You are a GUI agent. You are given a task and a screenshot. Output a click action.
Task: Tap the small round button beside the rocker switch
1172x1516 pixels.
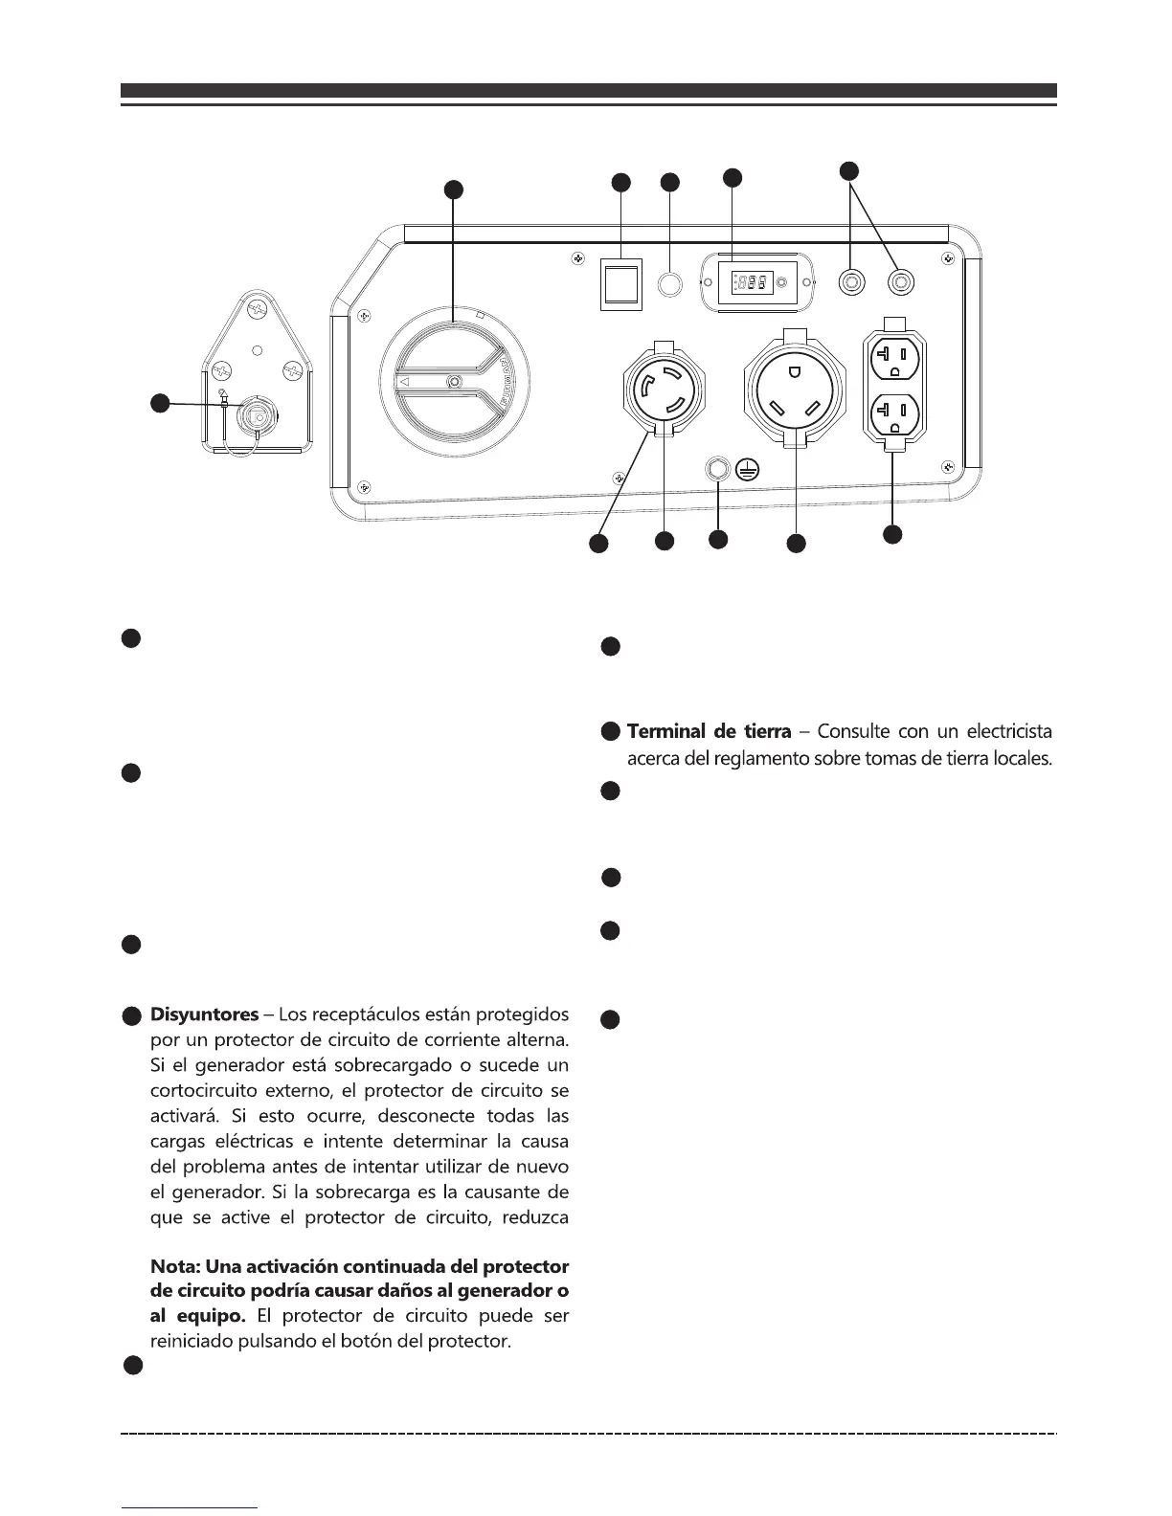pos(669,283)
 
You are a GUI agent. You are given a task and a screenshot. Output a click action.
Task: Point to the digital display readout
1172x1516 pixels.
pos(752,283)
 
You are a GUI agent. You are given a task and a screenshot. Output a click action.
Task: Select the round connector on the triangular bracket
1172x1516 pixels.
pos(256,413)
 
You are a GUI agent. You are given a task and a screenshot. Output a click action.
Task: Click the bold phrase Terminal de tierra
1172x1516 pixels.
pos(709,732)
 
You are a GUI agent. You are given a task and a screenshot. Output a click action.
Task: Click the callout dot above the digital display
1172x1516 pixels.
pos(732,176)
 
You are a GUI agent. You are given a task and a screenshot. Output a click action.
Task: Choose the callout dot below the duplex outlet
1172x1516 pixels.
pos(892,534)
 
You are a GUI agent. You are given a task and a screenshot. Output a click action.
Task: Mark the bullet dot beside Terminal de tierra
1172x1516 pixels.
pos(611,732)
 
